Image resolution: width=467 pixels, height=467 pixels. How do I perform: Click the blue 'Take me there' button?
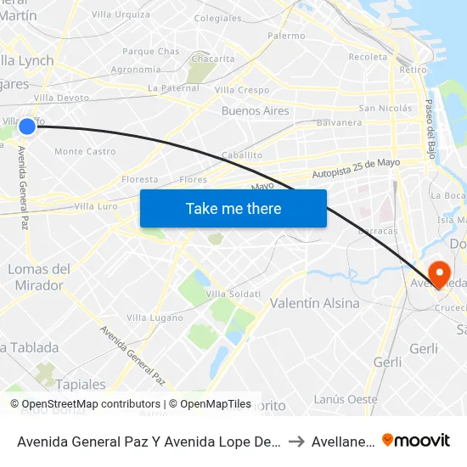[233, 209]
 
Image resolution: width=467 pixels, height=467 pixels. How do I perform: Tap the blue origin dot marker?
[27, 127]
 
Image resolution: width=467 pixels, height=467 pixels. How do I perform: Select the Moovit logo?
[416, 440]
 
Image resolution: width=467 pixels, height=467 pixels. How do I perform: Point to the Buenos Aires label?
[255, 111]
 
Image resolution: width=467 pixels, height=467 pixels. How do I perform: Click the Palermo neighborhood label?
[286, 36]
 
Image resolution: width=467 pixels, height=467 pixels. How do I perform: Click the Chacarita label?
[214, 59]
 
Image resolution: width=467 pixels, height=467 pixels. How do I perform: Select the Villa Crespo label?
[242, 90]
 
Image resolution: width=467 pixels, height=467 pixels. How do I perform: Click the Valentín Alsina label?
[314, 303]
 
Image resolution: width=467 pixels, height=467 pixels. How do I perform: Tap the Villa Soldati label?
[233, 294]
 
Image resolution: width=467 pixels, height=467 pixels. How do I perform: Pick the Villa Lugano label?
[155, 318]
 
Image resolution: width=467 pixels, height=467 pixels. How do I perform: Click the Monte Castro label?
[85, 152]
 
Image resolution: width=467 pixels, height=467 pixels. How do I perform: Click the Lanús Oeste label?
[346, 399]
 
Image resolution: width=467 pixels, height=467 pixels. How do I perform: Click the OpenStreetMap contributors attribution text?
[85, 404]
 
